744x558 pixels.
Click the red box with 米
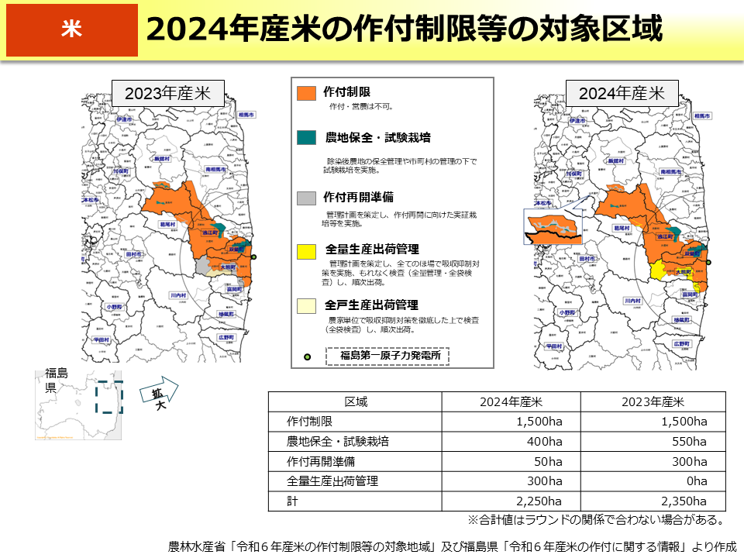click(71, 30)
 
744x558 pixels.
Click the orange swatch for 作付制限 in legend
click(307, 92)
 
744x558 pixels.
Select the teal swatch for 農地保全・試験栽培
click(307, 138)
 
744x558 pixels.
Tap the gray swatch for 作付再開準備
click(307, 198)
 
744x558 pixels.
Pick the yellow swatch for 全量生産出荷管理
click(307, 250)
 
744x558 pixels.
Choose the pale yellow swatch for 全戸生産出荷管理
click(307, 305)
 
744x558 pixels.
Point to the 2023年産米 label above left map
click(168, 93)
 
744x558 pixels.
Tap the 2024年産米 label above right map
click(622, 93)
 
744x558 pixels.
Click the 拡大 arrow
click(159, 393)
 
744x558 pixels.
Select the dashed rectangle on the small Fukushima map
click(108, 397)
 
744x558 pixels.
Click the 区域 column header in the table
click(356, 401)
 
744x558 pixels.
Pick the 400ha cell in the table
click(542, 442)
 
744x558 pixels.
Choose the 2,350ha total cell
click(682, 501)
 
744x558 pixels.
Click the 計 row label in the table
click(291, 501)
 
